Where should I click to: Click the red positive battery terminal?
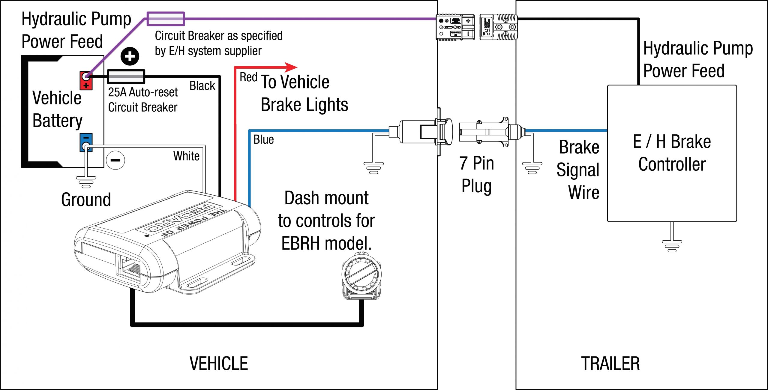(86, 80)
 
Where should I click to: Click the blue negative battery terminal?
(86, 142)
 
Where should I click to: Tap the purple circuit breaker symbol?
(166, 19)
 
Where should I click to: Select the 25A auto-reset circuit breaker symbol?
(126, 77)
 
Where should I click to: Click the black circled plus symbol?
(130, 56)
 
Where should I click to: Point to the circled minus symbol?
(115, 160)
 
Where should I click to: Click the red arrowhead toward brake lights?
(290, 67)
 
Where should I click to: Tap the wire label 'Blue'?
(263, 139)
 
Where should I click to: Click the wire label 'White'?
(186, 156)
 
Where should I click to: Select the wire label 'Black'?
(202, 86)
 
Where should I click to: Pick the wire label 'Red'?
(248, 77)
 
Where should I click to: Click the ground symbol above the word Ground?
(86, 182)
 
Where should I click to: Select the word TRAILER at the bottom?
(610, 364)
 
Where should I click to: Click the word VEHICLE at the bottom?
(219, 364)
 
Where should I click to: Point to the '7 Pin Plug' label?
(476, 175)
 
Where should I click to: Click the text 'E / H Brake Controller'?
(672, 153)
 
